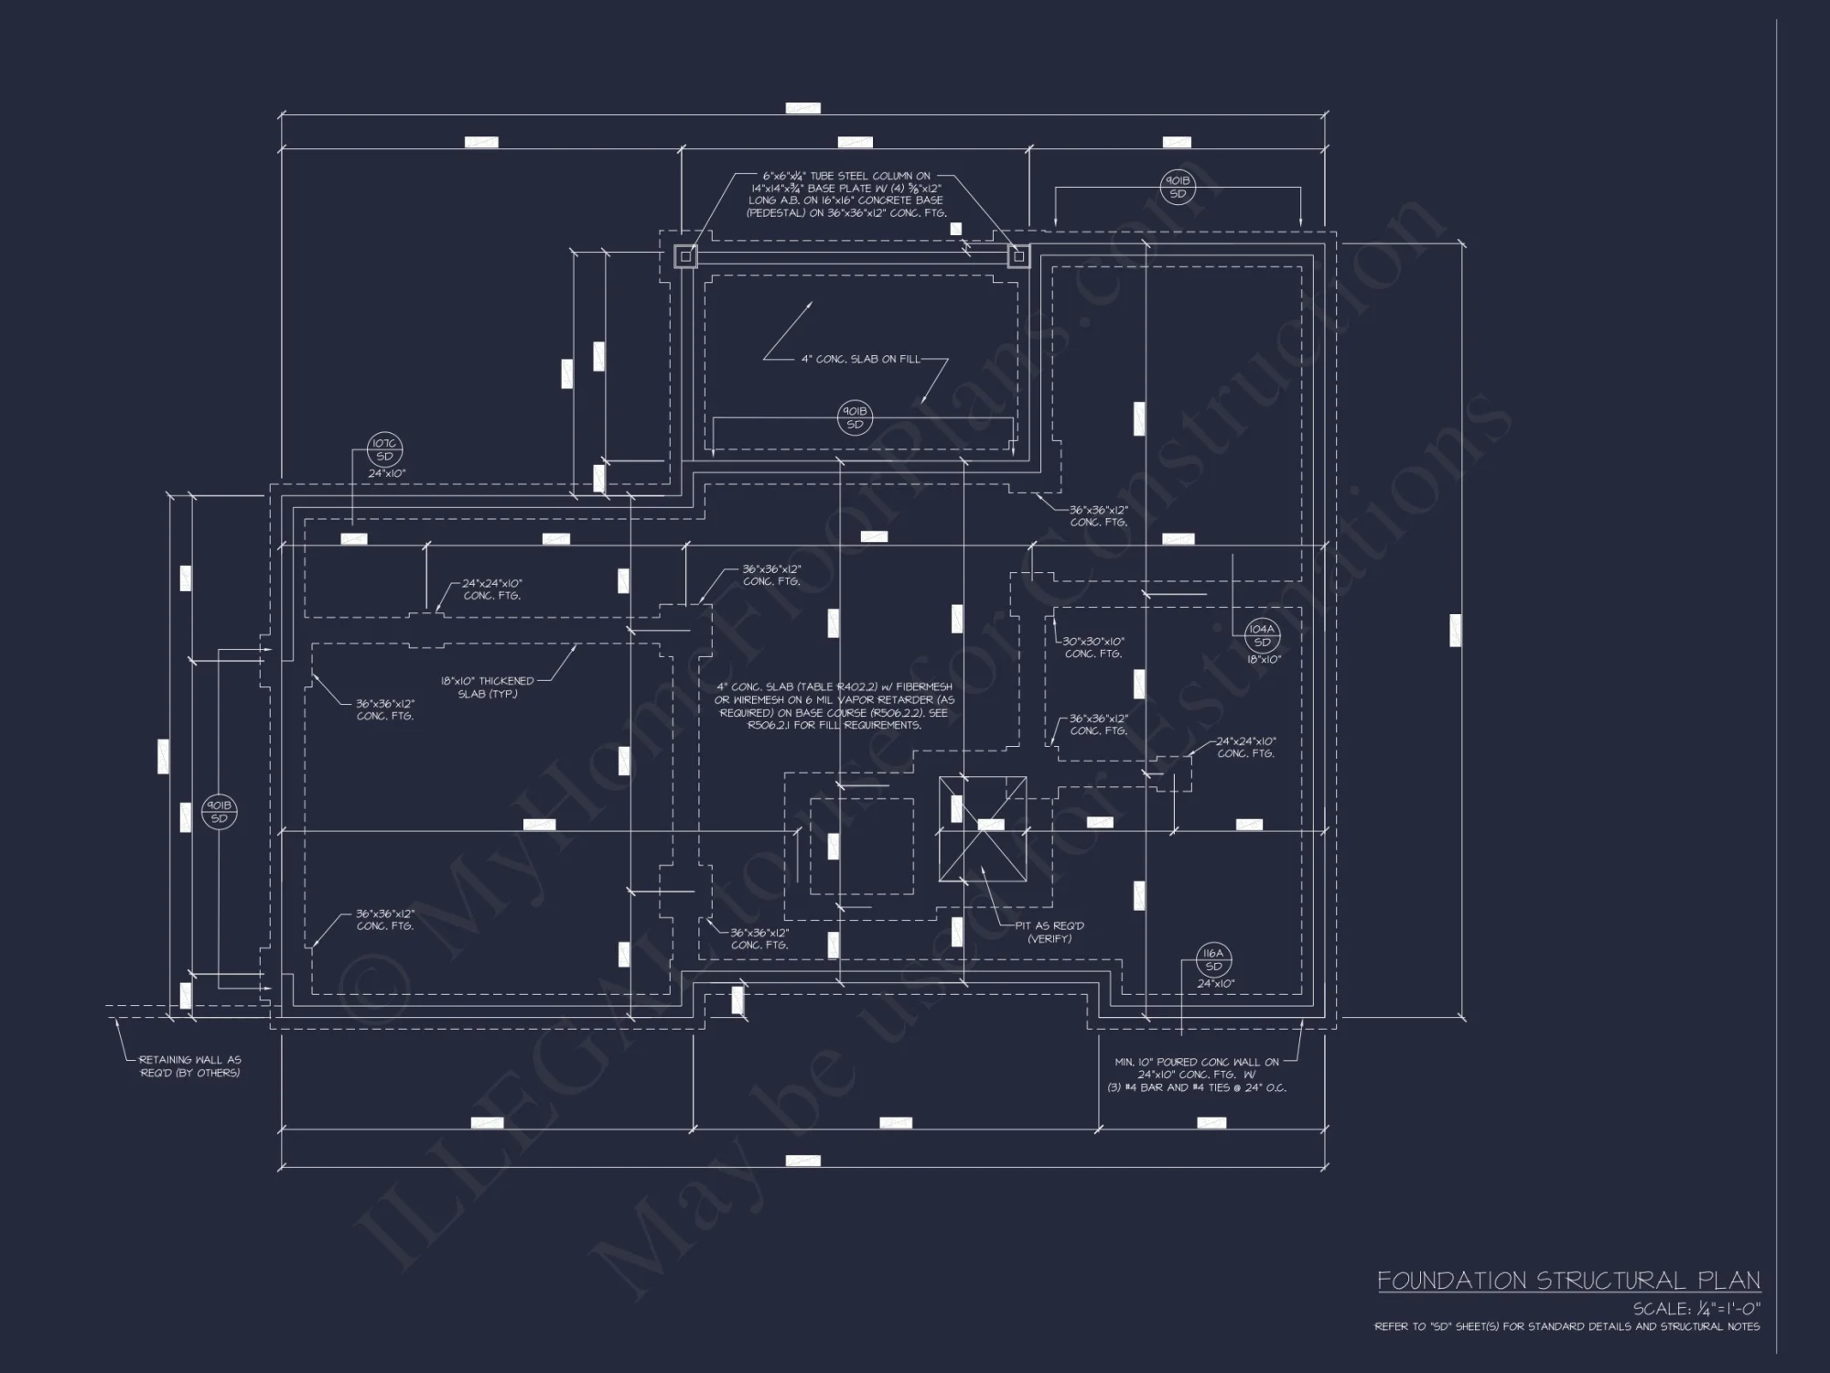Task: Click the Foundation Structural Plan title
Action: [1568, 1280]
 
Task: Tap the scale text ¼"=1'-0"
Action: [1695, 1309]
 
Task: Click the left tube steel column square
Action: [685, 256]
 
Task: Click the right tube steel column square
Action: [1018, 256]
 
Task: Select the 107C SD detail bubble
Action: [384, 449]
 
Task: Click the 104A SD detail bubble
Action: [1261, 635]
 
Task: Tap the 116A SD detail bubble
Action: [1213, 960]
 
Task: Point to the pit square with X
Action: [982, 828]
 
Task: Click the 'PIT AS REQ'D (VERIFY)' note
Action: [1049, 932]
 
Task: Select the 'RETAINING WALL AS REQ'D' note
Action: [190, 1066]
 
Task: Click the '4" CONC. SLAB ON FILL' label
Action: [860, 360]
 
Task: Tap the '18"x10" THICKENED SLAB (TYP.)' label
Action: [487, 687]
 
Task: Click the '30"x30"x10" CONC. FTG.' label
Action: [1093, 648]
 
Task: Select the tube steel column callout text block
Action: [845, 194]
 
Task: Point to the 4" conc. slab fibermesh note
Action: [833, 706]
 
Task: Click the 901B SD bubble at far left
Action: [220, 812]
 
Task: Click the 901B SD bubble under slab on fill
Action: [855, 418]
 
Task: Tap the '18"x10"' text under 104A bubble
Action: [1264, 659]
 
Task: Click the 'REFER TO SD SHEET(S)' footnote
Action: [1566, 1326]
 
